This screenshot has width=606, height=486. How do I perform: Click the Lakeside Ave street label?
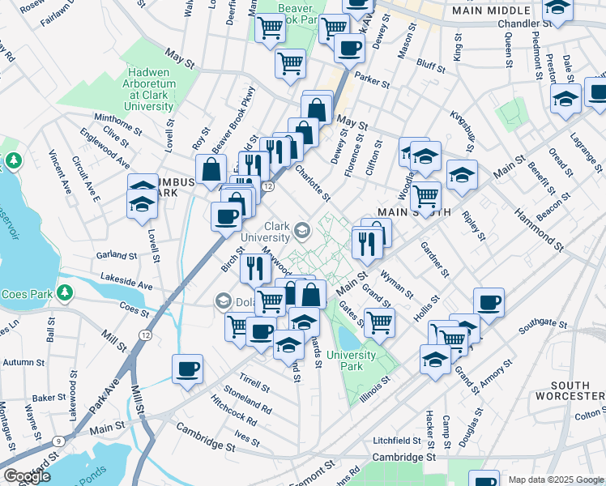click(126, 286)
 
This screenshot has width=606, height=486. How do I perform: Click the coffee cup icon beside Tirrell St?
click(188, 369)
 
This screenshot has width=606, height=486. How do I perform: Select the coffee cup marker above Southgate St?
click(489, 302)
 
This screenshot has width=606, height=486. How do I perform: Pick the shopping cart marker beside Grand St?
click(378, 322)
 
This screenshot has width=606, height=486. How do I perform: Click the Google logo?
click(27, 475)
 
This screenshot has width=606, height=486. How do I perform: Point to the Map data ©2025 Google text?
click(556, 480)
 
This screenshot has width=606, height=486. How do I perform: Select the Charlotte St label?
click(313, 184)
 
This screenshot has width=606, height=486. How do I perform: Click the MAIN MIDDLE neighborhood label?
click(487, 11)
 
